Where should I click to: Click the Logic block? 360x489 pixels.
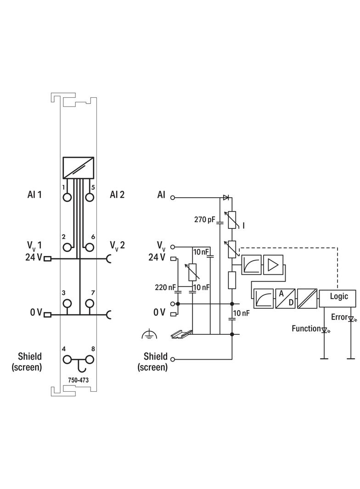click(338, 296)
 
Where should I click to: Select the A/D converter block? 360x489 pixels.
click(285, 299)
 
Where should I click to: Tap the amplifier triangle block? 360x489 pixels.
click(273, 265)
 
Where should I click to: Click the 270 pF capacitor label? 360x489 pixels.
click(205, 220)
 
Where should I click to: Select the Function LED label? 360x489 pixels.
click(306, 328)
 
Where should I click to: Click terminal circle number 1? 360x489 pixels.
click(67, 197)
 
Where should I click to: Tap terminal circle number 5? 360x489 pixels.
click(90, 197)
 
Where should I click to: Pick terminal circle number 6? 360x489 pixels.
click(90, 247)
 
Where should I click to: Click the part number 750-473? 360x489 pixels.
click(78, 380)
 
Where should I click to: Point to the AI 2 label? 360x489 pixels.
click(117, 194)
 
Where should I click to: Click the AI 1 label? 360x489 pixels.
click(34, 194)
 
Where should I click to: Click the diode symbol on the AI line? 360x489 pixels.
click(226, 198)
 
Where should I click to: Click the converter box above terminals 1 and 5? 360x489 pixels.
click(79, 168)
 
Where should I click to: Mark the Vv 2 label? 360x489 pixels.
click(117, 245)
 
